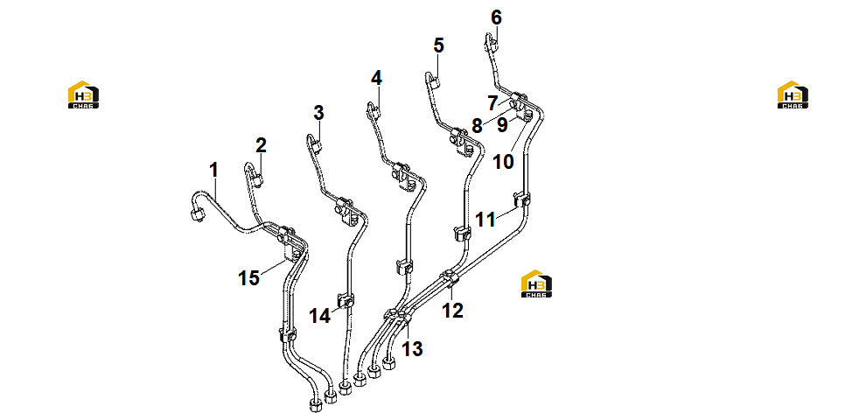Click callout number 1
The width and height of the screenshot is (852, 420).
click(214, 170)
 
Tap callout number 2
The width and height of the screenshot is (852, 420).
click(262, 145)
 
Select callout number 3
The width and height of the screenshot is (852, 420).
click(318, 113)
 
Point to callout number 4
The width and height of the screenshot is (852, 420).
click(376, 78)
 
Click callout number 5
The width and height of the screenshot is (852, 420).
click(438, 45)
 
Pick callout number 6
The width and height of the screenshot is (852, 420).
click(497, 17)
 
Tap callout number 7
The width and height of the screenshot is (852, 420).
click(492, 102)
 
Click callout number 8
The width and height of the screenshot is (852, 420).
click(477, 126)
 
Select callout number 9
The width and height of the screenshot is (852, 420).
click(503, 125)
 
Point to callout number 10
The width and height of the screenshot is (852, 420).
click(503, 161)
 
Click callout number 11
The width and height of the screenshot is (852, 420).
click(485, 220)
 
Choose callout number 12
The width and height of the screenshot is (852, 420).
click(452, 311)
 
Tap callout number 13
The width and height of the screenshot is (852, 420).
click(412, 348)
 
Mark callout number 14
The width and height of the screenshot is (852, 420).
click(320, 315)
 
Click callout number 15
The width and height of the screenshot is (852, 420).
click(248, 277)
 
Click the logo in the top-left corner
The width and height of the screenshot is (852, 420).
click(83, 94)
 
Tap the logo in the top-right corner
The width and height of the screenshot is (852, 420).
click(793, 94)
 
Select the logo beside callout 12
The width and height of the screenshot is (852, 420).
click(536, 283)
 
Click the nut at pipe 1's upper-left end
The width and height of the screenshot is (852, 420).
click(197, 215)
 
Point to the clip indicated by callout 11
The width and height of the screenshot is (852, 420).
click(521, 200)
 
